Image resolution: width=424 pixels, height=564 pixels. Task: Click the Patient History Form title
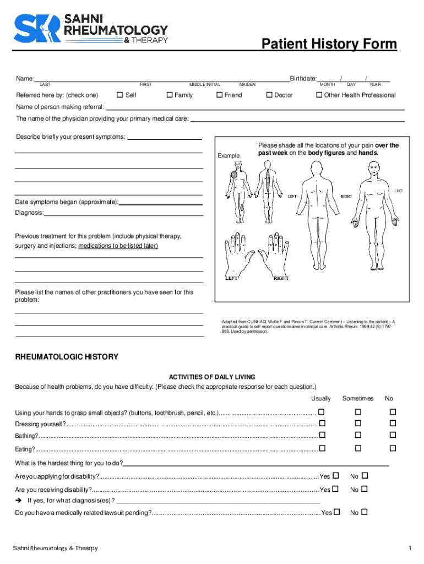point(329,44)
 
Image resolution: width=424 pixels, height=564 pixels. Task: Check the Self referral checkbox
point(119,95)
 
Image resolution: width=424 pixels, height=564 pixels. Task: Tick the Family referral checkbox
point(169,95)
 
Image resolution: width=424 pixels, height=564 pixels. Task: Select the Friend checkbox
point(219,95)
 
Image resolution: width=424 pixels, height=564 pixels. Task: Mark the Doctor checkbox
point(269,95)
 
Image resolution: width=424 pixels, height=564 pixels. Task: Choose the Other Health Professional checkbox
point(319,95)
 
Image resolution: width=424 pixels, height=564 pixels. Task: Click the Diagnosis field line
point(124,213)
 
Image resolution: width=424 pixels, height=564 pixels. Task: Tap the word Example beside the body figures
point(229,156)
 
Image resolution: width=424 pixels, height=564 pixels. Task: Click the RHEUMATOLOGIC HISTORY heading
point(67,357)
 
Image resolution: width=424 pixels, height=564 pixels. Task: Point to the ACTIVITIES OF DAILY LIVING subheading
point(211,377)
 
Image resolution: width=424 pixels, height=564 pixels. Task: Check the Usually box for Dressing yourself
point(322,424)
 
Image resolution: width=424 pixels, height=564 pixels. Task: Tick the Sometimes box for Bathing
point(357,436)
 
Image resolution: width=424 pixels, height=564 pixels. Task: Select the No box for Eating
point(393,448)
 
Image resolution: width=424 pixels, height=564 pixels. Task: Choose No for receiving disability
point(364,489)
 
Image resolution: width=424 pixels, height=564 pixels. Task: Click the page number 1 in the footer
point(410,548)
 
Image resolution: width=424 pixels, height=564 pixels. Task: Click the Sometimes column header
point(357,398)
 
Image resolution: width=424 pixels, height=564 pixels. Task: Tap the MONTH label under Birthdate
point(328,85)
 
